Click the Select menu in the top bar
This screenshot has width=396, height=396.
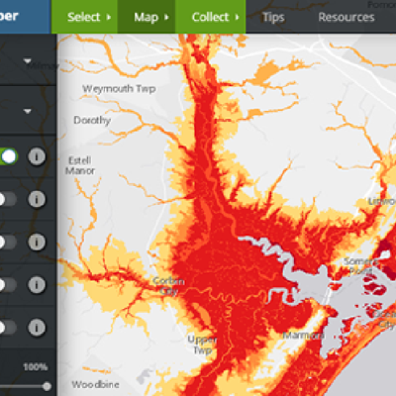88,17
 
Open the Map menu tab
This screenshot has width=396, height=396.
146,17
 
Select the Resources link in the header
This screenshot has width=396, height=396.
346,17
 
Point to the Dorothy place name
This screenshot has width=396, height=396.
92,120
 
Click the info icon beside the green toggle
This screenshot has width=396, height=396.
38,156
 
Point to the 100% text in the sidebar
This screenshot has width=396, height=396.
36,367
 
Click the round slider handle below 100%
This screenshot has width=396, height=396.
47,384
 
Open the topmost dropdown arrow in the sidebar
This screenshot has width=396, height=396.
27,61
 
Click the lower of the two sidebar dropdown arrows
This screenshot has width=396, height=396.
27,111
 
